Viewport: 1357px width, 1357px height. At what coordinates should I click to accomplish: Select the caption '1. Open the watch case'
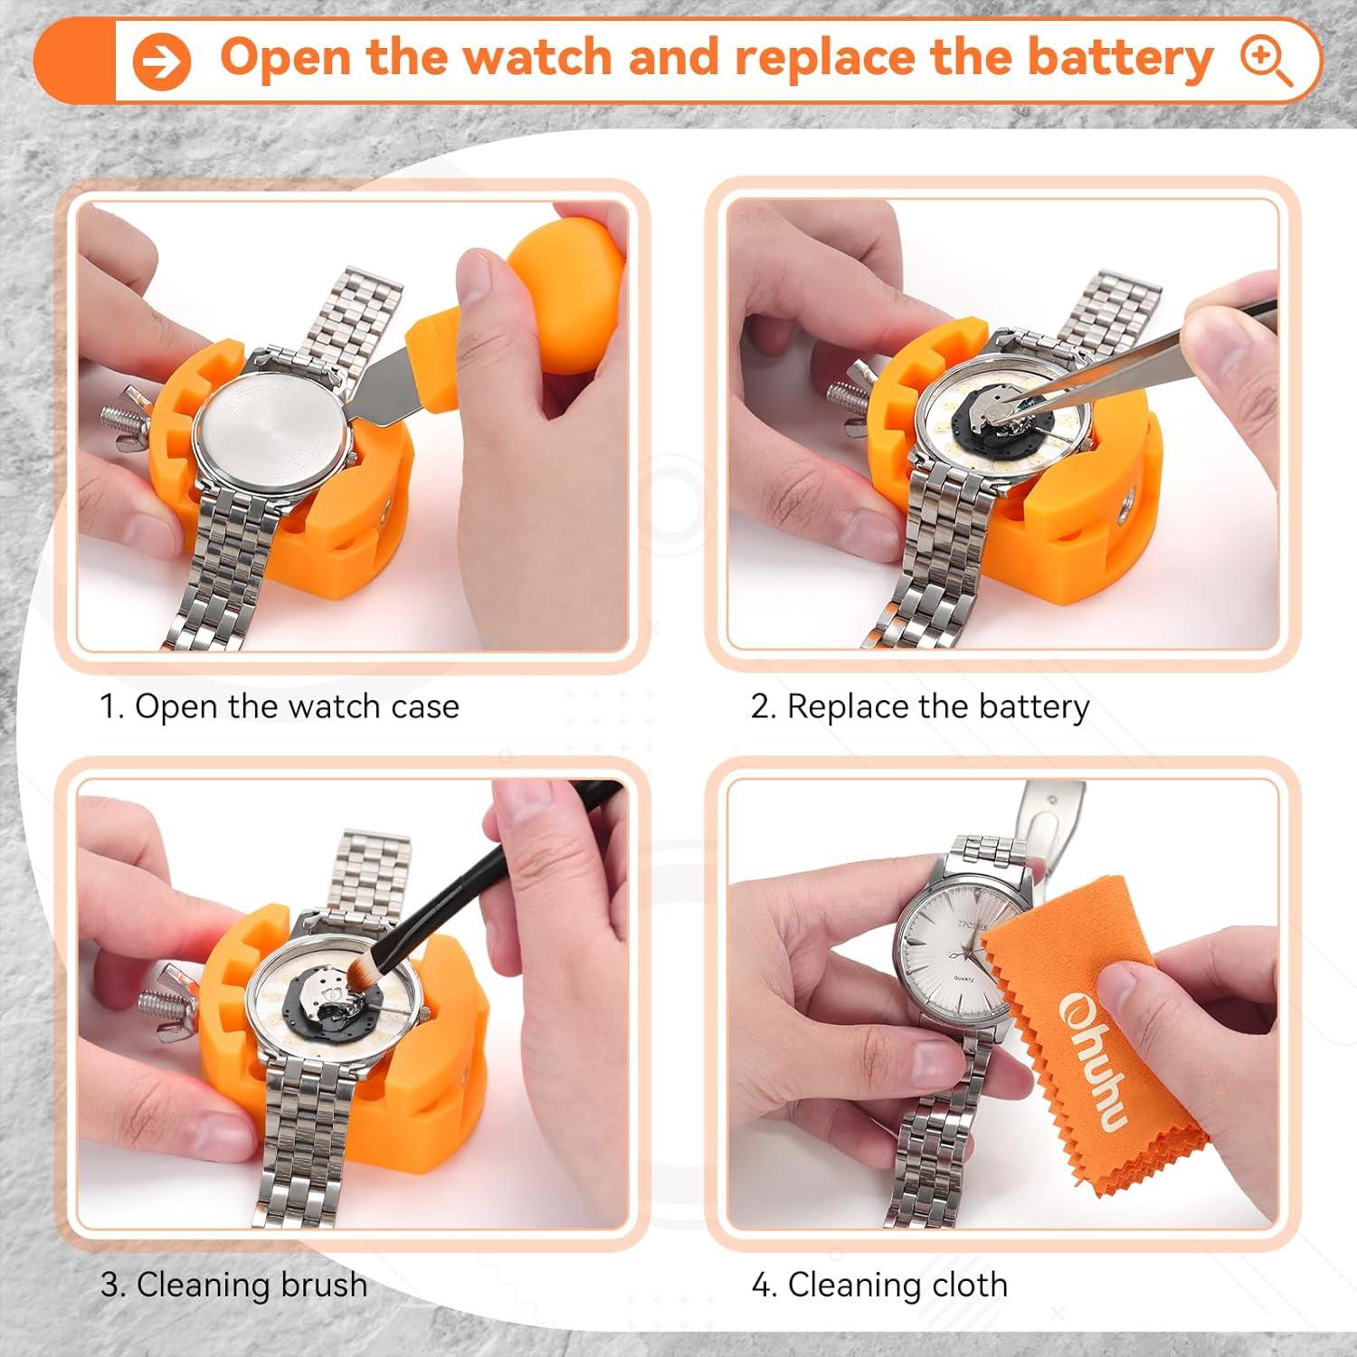[x=280, y=707]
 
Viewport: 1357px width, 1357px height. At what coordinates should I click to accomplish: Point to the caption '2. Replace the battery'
[x=920, y=707]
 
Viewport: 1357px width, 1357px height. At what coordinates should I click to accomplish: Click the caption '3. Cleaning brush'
[x=233, y=1285]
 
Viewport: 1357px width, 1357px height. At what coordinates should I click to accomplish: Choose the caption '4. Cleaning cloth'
[x=879, y=1285]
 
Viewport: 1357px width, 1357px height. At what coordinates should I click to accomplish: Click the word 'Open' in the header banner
[x=285, y=59]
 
